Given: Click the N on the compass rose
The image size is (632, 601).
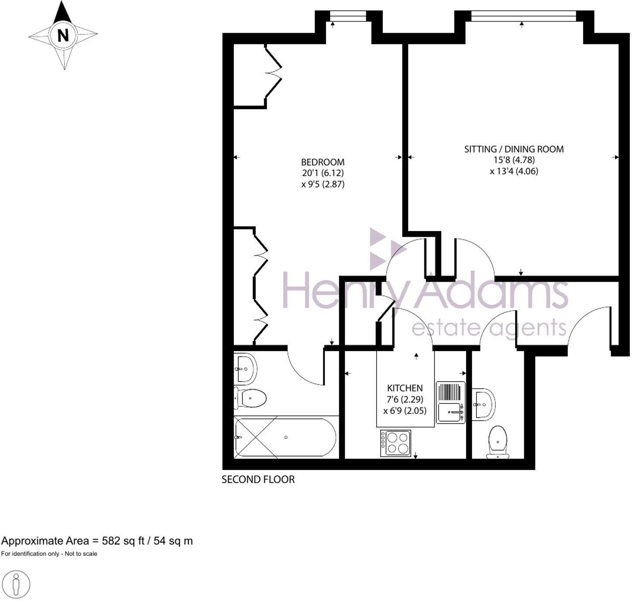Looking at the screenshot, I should pos(63,35).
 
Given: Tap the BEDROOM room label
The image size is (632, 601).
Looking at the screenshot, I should pos(323,162).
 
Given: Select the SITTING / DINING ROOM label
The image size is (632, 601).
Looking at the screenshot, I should pos(514,149).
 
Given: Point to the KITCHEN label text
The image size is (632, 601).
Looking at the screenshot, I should pos(405,388).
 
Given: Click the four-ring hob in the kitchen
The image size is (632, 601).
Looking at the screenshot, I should pos(395,443).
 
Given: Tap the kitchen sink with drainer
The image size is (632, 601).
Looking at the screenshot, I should pos(451,402).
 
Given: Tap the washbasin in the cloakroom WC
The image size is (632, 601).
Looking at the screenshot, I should pos(484,404).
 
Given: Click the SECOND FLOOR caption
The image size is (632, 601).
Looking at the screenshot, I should pos(258,480).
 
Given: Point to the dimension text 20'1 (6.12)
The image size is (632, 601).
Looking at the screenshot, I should pos(323,173).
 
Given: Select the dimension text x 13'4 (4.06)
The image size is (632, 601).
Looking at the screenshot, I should pos(514,171).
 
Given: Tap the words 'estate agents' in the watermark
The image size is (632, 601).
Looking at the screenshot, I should pos(489,328).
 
